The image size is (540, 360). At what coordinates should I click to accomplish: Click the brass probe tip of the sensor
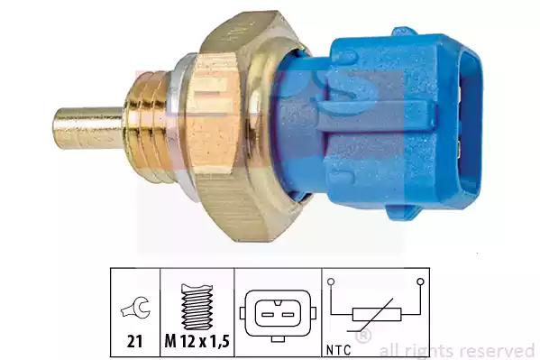click(x=87, y=128)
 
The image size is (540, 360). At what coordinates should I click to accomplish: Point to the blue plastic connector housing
click(x=379, y=125)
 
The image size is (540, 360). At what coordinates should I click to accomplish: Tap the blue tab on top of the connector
click(x=405, y=32)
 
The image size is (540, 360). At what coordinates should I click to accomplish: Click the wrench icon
click(x=135, y=308)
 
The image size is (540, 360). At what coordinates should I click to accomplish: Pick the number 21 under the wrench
click(x=134, y=341)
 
